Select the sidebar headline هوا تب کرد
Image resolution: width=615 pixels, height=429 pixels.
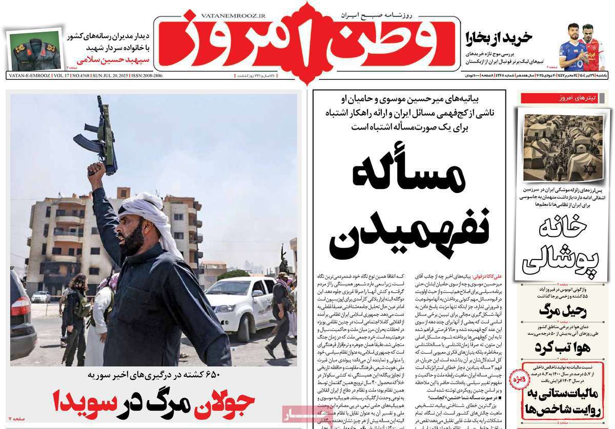(x=562, y=346)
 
